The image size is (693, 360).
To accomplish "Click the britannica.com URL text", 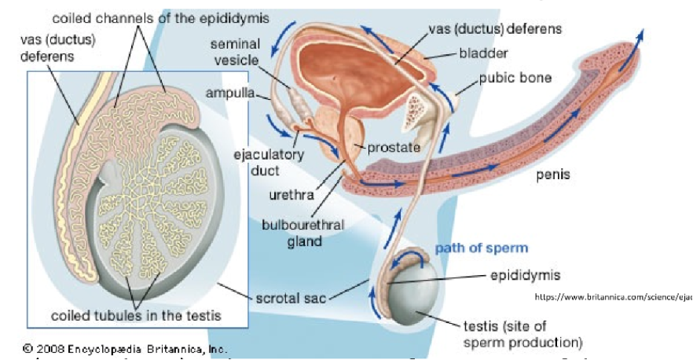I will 613,297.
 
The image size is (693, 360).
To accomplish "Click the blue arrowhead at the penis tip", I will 643,35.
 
